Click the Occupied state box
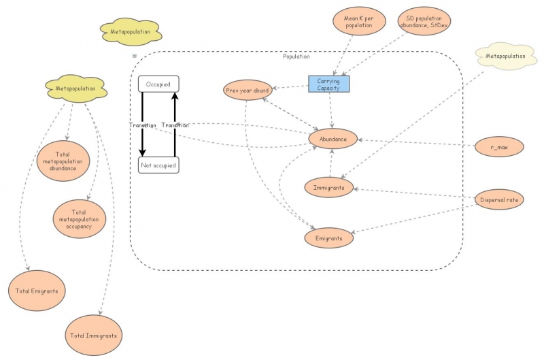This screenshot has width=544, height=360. pos(158,84)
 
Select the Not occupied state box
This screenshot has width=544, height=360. pos(158,165)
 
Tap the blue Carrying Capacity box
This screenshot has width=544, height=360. pos(328,84)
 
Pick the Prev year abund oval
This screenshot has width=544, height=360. pos(248,90)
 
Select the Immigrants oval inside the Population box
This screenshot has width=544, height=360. pos(329,187)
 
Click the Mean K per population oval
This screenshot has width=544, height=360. pos(358,22)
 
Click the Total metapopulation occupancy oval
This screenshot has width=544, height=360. pos(80,219)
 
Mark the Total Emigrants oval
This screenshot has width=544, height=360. pos(37,291)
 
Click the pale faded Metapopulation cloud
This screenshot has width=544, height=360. pos(504,56)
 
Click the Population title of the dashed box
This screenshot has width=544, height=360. pos(296,56)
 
